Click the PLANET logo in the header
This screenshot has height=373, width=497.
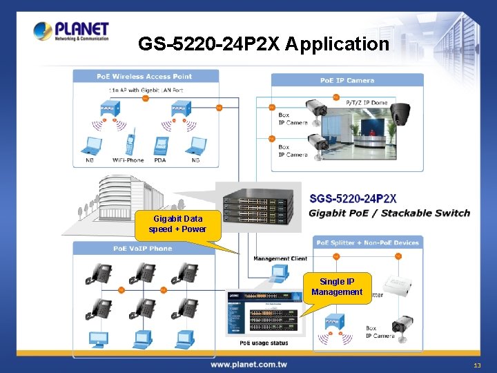(71, 31)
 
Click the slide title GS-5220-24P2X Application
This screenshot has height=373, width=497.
(264, 44)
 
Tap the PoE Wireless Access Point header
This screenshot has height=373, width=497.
(144, 76)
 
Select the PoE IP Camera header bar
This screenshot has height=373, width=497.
(347, 80)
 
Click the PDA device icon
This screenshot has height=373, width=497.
(160, 145)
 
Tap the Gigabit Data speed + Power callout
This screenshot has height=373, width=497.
(177, 224)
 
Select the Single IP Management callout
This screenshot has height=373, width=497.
(336, 287)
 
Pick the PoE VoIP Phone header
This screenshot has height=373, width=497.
(143, 249)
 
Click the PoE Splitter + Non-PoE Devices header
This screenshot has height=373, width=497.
(367, 242)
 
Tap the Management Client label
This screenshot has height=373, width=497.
(280, 259)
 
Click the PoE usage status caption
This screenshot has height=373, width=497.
(264, 343)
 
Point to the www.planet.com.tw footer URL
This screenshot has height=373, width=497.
(248, 364)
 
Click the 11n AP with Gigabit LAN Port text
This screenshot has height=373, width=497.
(145, 90)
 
